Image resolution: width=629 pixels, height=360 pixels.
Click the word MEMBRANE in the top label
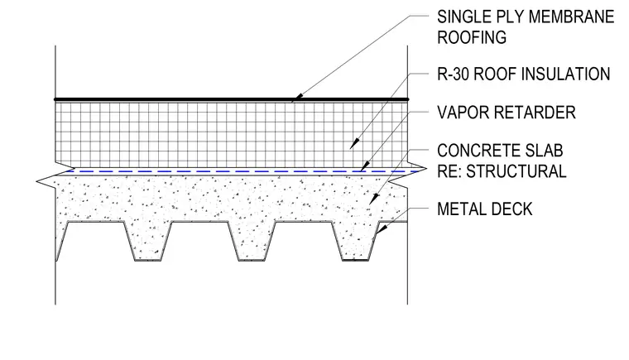click(571, 17)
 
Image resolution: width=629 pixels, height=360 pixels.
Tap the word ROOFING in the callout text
click(472, 37)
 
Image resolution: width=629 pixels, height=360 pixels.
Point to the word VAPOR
click(461, 113)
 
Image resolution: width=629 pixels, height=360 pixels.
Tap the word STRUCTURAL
click(516, 171)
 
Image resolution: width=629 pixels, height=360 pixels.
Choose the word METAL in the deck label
click(459, 209)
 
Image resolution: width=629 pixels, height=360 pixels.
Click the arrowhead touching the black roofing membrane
click(299, 97)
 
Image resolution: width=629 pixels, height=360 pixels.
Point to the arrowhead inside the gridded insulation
click(354, 144)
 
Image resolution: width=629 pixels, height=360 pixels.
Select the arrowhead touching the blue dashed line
click(364, 166)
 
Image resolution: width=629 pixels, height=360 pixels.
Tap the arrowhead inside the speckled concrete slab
click(374, 199)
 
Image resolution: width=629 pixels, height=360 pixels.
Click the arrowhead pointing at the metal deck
click(382, 229)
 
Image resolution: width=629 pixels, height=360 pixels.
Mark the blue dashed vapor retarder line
click(241, 172)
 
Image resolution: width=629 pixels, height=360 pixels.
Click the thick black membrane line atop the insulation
click(232, 99)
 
